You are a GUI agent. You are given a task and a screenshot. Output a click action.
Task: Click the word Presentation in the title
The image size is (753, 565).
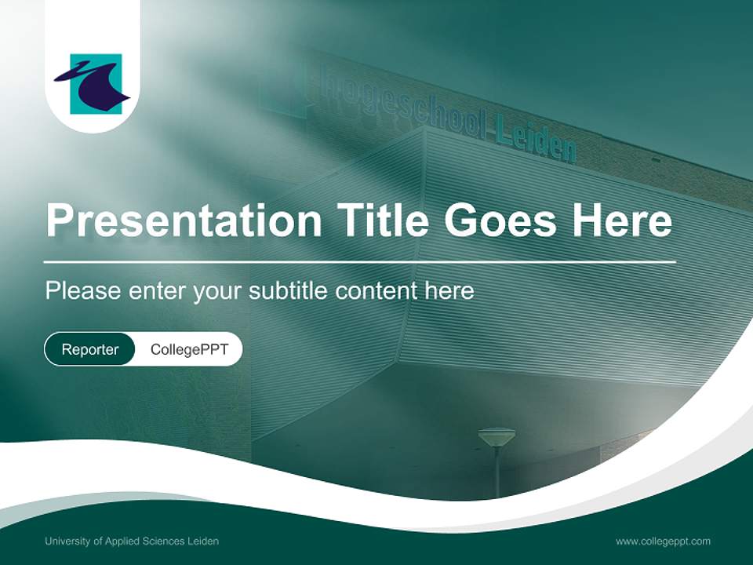tap(184, 220)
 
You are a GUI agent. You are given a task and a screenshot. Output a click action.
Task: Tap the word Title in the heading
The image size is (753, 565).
tap(382, 219)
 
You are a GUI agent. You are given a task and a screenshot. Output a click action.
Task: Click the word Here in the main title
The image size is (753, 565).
tap(622, 220)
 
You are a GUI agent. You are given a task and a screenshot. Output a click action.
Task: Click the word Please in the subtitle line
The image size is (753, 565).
tap(82, 290)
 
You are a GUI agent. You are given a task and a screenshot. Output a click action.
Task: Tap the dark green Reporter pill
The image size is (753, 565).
tap(89, 349)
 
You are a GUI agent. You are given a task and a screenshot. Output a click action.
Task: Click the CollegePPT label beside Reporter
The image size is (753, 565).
tap(189, 349)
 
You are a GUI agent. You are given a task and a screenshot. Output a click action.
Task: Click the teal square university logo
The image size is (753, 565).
tap(96, 84)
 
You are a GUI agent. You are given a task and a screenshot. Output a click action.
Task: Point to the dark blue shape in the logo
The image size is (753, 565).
tap(93, 85)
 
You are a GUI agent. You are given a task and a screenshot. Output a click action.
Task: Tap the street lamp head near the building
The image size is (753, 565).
tap(497, 437)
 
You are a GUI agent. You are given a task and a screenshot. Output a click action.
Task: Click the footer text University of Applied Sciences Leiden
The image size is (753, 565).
tap(132, 541)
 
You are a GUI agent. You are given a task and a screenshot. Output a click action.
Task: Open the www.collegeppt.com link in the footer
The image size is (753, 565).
tap(663, 541)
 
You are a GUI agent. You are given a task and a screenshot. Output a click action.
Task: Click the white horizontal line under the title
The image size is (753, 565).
tap(360, 262)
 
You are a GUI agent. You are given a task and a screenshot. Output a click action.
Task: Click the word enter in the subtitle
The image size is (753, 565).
tap(157, 291)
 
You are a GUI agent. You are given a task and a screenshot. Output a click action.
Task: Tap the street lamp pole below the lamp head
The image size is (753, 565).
tap(497, 472)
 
